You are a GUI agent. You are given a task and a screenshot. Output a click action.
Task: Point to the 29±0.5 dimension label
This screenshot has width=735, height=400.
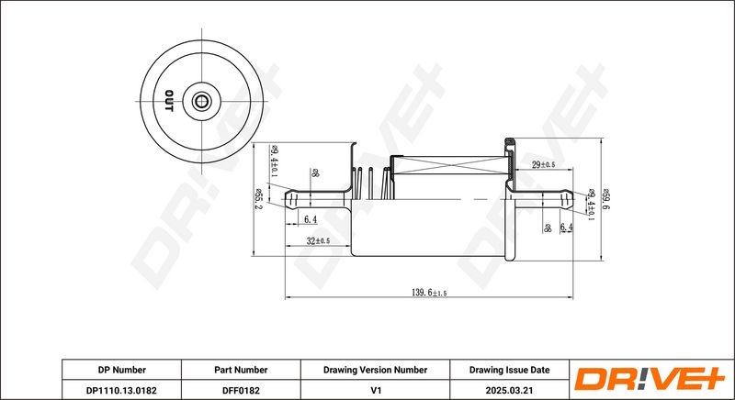tap(544, 164)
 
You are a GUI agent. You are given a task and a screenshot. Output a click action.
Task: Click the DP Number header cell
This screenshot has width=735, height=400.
tap(121, 370)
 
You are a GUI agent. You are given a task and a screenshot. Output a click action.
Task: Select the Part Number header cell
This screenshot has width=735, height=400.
tap(241, 370)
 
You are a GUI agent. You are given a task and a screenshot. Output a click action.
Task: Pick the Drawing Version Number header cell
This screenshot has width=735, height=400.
tap(374, 370)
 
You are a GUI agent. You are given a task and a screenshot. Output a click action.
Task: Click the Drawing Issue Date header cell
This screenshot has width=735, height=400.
tap(509, 370)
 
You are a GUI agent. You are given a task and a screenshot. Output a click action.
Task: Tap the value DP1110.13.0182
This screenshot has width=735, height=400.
tap(121, 389)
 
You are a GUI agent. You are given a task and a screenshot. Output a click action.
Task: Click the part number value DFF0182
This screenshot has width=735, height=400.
tap(241, 389)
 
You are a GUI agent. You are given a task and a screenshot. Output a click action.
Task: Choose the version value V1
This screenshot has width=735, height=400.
tap(374, 389)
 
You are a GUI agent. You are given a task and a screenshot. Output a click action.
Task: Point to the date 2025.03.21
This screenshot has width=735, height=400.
tap(509, 389)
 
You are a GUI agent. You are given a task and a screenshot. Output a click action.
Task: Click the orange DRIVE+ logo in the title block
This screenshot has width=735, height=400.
tap(650, 379)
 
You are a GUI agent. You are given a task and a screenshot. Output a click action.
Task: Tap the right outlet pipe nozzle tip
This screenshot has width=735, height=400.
tap(570, 196)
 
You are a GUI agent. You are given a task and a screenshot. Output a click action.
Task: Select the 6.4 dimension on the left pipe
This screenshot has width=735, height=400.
tap(310, 220)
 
